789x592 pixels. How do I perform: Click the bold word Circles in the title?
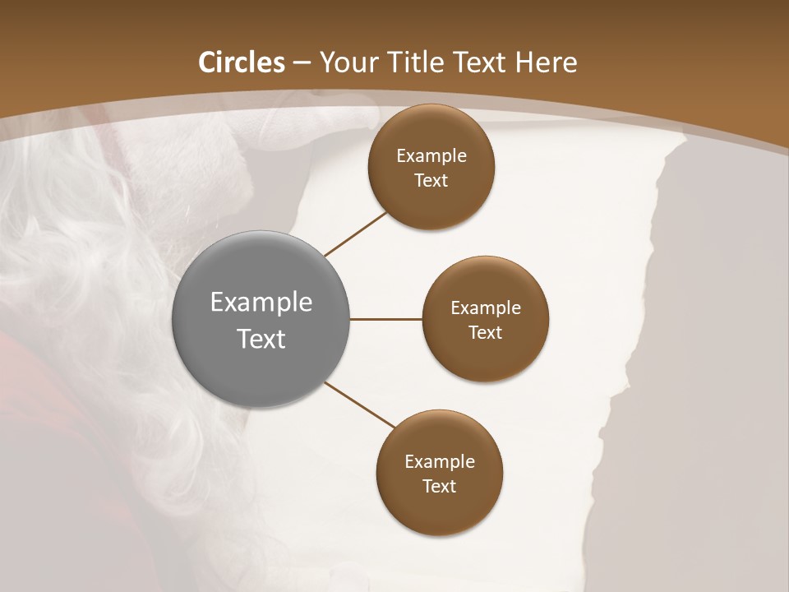click(x=242, y=62)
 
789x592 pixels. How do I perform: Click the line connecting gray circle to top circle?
click(x=356, y=234)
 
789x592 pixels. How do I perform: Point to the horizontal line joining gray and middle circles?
click(x=385, y=319)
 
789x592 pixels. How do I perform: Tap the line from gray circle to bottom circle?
click(x=360, y=405)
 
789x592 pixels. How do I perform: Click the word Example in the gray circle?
click(x=261, y=303)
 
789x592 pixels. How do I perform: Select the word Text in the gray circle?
click(x=261, y=339)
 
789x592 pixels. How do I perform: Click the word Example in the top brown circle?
click(x=431, y=155)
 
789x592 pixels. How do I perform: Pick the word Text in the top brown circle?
click(x=431, y=180)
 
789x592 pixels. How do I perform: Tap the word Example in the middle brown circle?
click(x=486, y=308)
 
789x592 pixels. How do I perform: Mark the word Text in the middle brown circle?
click(x=486, y=332)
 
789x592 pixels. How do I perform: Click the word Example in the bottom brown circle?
click(x=440, y=461)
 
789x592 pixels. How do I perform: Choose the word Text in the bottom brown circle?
click(x=440, y=486)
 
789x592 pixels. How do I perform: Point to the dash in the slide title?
click(x=302, y=63)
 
